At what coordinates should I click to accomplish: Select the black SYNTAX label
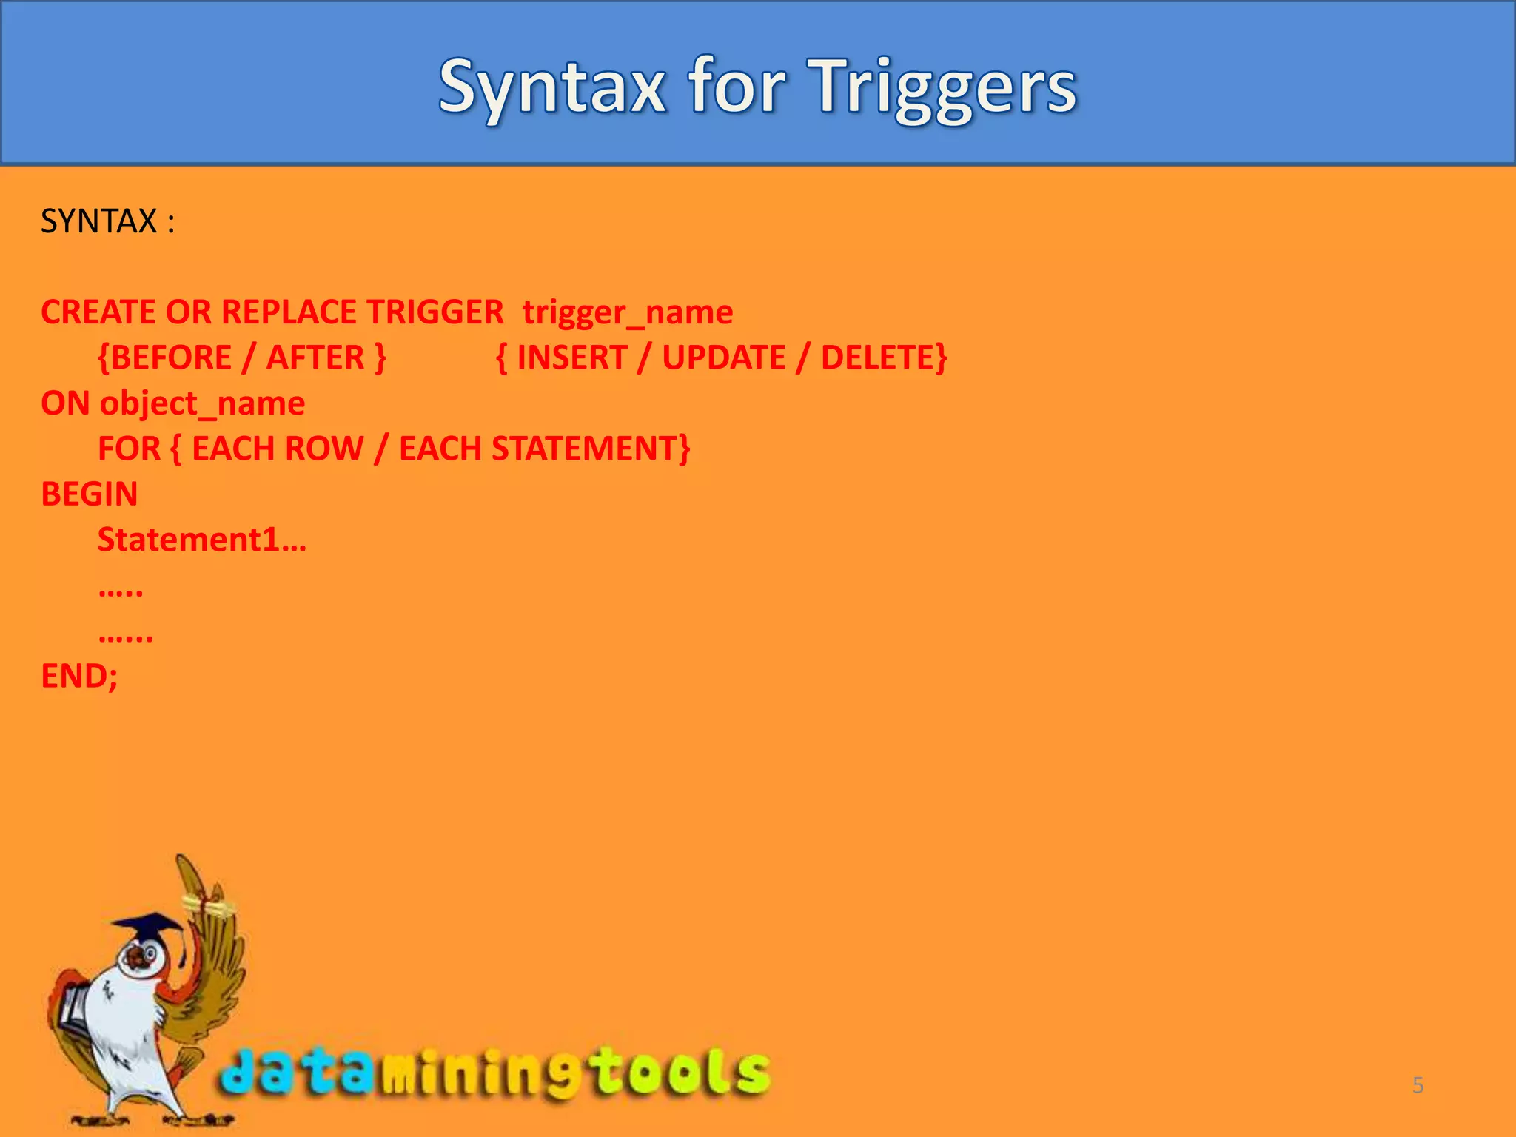tap(99, 221)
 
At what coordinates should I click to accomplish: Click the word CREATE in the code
tap(98, 312)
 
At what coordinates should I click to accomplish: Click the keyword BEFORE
tap(171, 358)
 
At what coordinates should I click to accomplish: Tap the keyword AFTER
tap(315, 358)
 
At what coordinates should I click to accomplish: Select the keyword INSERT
tap(571, 358)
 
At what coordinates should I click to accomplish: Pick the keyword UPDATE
tap(723, 358)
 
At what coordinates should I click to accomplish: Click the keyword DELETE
tap(879, 358)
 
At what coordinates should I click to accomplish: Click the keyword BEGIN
tap(90, 494)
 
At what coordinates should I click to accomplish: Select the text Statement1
tap(189, 540)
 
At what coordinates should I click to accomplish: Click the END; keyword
tap(79, 676)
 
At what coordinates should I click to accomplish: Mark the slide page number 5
tap(1418, 1085)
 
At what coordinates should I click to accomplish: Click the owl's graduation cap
tap(148, 928)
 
